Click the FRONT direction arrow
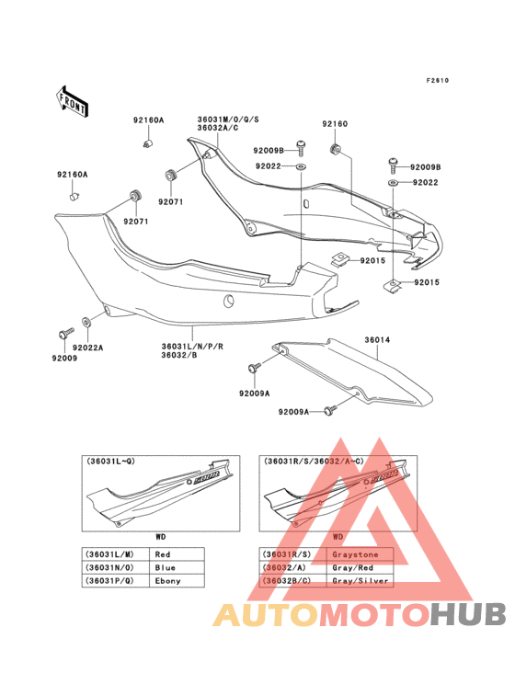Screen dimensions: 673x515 [73, 100]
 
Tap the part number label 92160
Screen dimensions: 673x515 [335, 123]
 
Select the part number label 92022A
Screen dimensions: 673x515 [89, 348]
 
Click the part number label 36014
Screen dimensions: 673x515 [377, 340]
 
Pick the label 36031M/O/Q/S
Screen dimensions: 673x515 [227, 120]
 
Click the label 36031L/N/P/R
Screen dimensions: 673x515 [192, 347]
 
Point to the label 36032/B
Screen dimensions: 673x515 [179, 356]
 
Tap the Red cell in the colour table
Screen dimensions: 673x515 [164, 554]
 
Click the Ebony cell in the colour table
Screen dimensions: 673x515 [167, 581]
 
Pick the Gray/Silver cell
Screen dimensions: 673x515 [362, 581]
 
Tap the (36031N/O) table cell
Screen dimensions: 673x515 [110, 567]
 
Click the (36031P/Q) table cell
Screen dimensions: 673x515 [110, 581]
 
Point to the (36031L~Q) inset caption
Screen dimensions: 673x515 [110, 462]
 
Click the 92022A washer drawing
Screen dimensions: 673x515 [87, 323]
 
